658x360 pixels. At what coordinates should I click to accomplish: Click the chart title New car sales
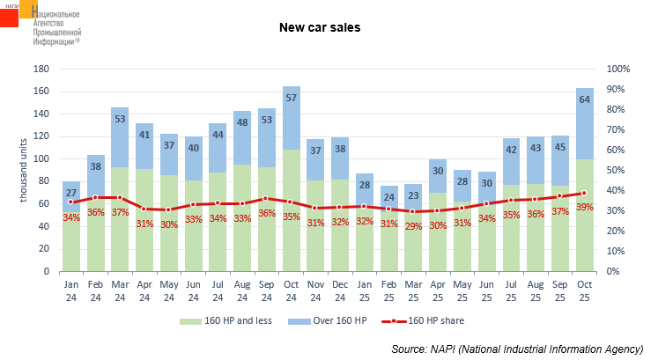coord(320,27)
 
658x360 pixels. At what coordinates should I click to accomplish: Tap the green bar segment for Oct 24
coord(292,211)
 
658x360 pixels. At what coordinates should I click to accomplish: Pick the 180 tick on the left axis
coord(40,69)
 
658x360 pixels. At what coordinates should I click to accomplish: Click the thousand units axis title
coord(24,170)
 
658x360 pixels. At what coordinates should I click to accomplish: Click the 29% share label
coord(388,226)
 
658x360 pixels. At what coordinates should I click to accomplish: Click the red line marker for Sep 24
coord(267,199)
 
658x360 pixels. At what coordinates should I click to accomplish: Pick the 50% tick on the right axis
coord(616,170)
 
